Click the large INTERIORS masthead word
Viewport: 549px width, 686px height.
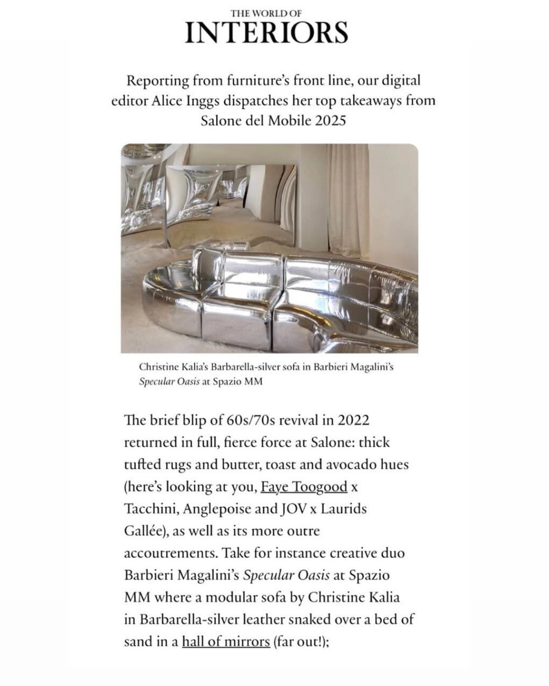266,33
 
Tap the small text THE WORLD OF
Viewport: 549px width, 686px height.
266,14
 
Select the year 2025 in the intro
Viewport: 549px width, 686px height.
329,121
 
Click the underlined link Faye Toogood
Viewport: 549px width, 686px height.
303,487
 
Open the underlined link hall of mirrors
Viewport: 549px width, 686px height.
226,641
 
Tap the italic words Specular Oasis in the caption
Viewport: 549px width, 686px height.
169,382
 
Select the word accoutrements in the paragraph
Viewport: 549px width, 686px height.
170,553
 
